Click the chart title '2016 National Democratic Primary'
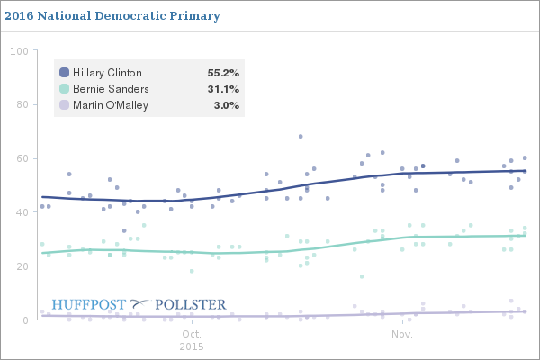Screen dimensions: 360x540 click(110, 16)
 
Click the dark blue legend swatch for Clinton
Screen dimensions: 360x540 click(64, 73)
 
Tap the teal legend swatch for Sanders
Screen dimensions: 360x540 click(64, 89)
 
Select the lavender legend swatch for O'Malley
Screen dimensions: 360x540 click(64, 105)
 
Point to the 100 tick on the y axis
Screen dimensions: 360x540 click(19, 51)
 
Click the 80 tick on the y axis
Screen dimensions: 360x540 click(22, 104)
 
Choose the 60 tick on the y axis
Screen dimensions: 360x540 click(22, 158)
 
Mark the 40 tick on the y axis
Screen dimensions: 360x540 click(22, 212)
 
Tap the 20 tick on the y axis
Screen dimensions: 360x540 click(22, 266)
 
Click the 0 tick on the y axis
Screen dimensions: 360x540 click(24, 320)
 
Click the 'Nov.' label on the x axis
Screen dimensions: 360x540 click(402, 334)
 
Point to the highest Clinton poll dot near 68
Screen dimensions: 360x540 click(301, 137)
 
